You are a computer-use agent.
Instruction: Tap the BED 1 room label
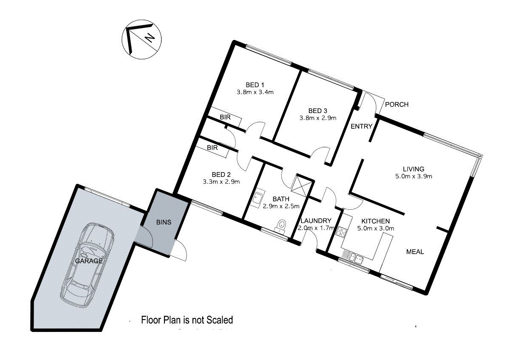tap(255, 84)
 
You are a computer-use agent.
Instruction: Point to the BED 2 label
tap(221, 174)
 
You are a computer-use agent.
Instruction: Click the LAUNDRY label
tap(316, 221)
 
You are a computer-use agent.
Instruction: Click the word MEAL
tap(415, 252)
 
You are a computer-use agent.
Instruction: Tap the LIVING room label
tap(414, 169)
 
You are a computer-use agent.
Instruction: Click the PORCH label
tap(397, 105)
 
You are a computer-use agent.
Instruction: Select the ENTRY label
tap(361, 126)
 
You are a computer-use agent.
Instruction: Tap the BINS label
tap(164, 221)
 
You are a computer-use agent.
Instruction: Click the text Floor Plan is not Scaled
tap(187, 320)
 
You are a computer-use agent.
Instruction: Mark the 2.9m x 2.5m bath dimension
tap(281, 206)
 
